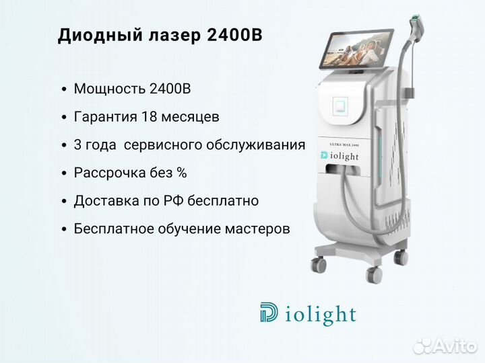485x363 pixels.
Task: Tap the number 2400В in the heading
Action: pyautogui.click(x=234, y=34)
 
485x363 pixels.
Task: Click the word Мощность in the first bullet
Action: pyautogui.click(x=110, y=89)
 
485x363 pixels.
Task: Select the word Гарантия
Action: pyautogui.click(x=106, y=117)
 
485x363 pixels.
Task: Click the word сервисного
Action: pyautogui.click(x=163, y=145)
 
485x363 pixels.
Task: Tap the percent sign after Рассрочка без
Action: pyautogui.click(x=182, y=173)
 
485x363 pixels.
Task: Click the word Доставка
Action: pyautogui.click(x=106, y=201)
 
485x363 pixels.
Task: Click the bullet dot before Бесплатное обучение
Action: pyautogui.click(x=64, y=229)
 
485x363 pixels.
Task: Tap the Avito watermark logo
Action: pyautogui.click(x=445, y=346)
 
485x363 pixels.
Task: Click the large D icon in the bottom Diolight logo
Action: pyautogui.click(x=269, y=313)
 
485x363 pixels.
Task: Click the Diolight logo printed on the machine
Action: pyautogui.click(x=339, y=156)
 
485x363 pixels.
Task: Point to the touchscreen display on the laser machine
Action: pyautogui.click(x=356, y=49)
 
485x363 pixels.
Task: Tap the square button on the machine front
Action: pyautogui.click(x=340, y=106)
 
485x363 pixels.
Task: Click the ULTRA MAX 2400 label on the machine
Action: pyautogui.click(x=344, y=144)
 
